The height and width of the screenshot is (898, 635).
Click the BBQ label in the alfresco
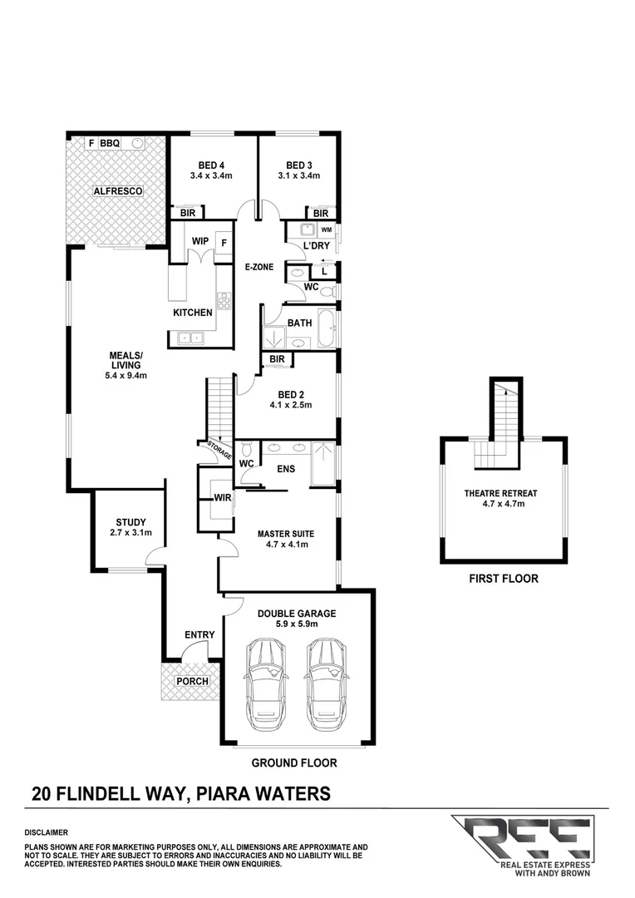coord(111,143)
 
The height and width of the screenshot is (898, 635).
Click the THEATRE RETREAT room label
coord(505,492)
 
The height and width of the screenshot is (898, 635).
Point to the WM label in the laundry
coord(326,229)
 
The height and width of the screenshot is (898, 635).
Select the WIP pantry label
coord(199,242)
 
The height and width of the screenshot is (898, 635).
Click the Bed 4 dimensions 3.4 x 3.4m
coord(210,175)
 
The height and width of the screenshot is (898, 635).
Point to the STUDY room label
coord(130,522)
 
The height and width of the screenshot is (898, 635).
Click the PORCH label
coord(191,682)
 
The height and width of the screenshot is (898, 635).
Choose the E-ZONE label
coord(259,267)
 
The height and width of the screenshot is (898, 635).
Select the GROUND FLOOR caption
coord(294,762)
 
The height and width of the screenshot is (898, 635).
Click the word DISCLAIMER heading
coord(47,831)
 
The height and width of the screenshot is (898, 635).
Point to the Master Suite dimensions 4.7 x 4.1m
coord(286,545)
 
